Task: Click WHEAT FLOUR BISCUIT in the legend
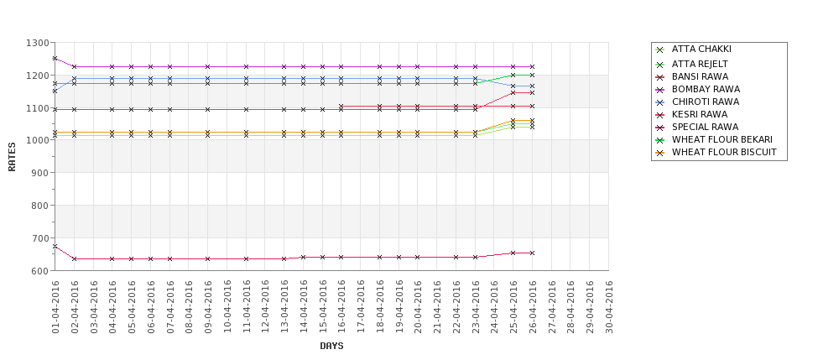click(724, 152)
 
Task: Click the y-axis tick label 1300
click(37, 43)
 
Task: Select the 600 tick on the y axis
click(39, 271)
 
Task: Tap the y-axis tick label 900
click(39, 173)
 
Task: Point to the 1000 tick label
click(37, 140)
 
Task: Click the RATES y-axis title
click(13, 156)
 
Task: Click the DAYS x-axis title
click(331, 346)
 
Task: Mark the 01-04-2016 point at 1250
click(55, 59)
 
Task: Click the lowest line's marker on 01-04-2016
click(55, 247)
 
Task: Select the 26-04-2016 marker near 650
click(532, 253)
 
